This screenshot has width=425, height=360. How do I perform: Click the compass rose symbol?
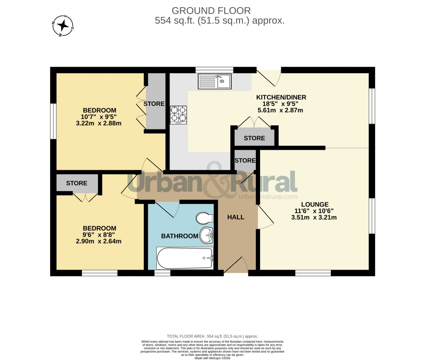click(63, 25)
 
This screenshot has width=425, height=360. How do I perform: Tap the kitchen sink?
click(215, 81)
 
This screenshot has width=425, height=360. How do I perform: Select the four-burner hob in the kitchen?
click(178, 115)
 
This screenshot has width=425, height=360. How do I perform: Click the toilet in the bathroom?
click(205, 218)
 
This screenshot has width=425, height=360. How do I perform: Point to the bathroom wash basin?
click(206, 236)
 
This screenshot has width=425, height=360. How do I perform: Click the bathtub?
click(185, 258)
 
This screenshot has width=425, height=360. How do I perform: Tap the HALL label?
click(236, 217)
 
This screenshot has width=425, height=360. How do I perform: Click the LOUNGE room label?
click(315, 204)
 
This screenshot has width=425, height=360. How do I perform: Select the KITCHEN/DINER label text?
click(281, 97)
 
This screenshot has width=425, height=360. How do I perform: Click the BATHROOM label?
click(180, 236)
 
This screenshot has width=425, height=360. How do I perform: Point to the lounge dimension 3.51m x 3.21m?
click(315, 217)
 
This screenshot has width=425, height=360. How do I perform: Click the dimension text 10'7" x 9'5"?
click(99, 117)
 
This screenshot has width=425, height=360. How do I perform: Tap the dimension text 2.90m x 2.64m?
click(99, 241)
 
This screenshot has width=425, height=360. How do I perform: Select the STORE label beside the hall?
click(245, 161)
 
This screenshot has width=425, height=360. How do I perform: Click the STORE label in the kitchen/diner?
click(254, 138)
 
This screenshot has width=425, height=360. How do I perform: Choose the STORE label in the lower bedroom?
click(77, 183)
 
